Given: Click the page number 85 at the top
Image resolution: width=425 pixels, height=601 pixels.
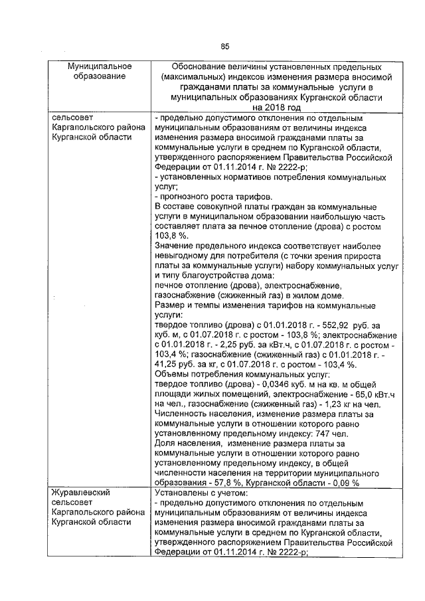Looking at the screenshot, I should [224, 46].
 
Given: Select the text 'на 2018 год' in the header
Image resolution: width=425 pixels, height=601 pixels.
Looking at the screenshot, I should [276, 106].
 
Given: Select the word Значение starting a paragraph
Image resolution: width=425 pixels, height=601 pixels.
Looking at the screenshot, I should [173, 245].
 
